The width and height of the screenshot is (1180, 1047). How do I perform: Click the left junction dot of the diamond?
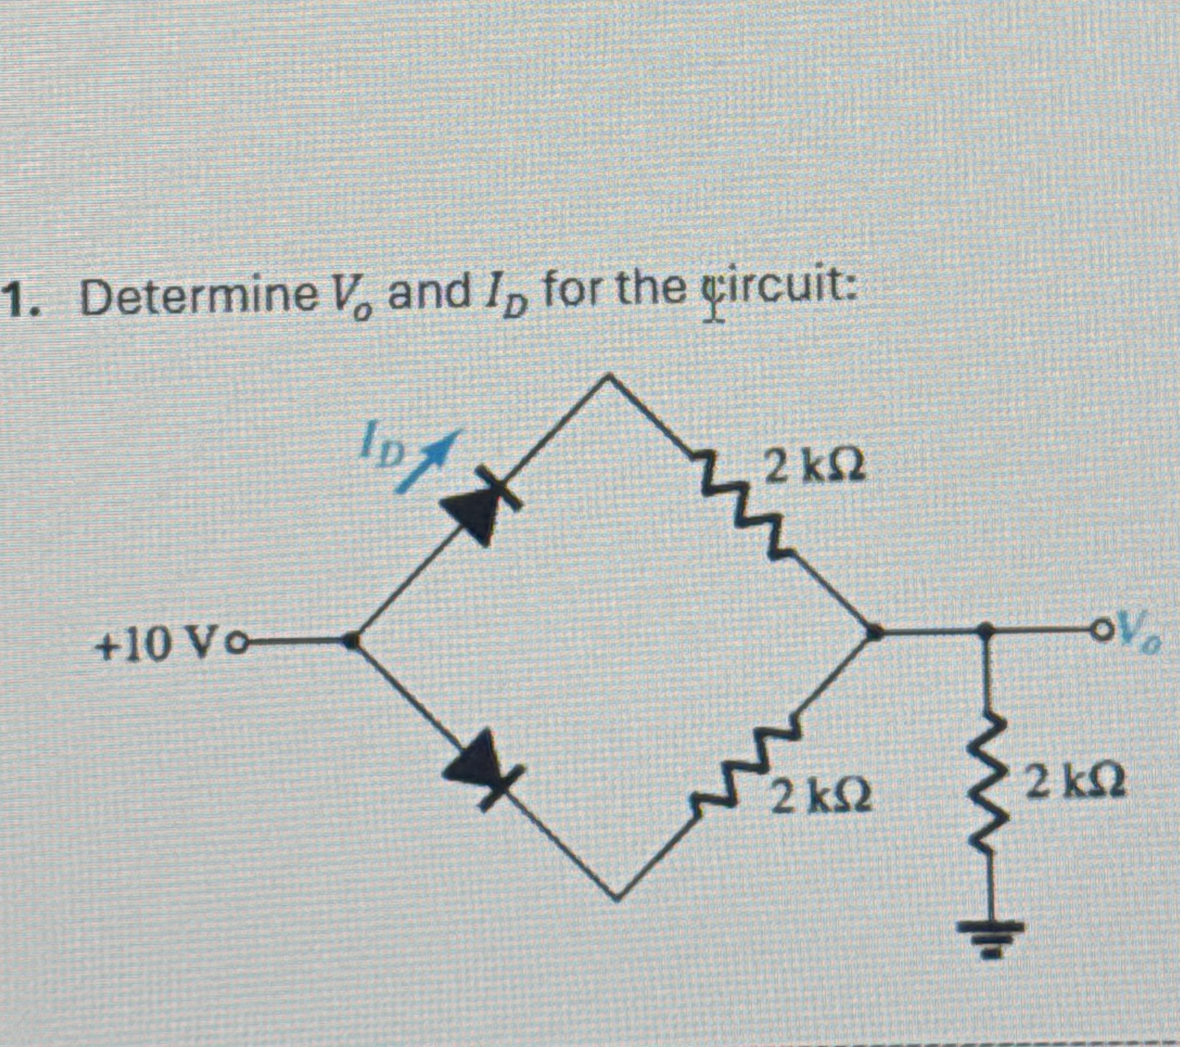(351, 640)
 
